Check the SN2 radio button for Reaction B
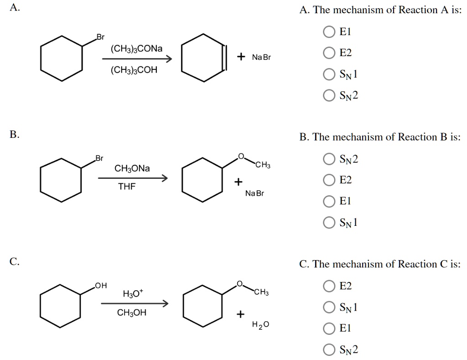point(329,159)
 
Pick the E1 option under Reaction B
point(329,201)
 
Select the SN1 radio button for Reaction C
point(329,308)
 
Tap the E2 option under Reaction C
point(329,286)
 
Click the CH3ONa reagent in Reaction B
point(132,169)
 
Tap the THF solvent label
point(127,187)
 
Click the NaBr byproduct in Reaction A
point(261,57)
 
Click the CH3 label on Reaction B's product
point(263,165)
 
